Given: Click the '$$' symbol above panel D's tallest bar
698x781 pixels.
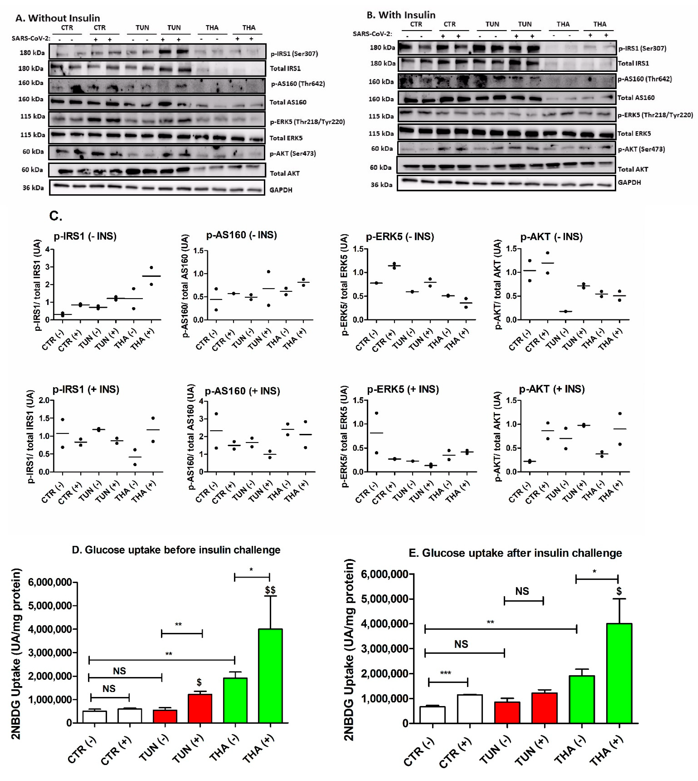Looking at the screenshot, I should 270,590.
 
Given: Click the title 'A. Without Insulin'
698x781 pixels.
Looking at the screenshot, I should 58,18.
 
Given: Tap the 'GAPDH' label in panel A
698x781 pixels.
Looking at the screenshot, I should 281,190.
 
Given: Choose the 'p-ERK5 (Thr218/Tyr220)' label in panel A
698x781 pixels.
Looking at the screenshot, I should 307,122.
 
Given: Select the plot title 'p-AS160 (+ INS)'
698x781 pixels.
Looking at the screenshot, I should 242,391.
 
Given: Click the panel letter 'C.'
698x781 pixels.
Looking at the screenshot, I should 56,216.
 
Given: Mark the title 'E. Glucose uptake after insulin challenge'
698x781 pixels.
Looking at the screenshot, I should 515,553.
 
